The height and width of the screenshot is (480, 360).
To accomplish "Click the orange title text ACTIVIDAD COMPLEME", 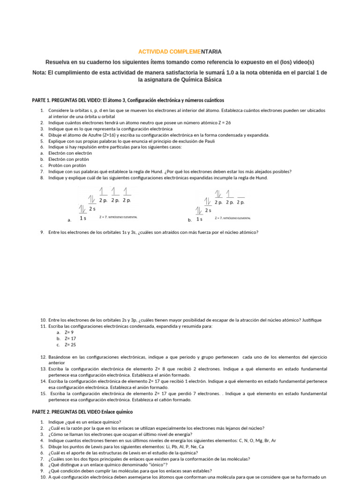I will point(156,52).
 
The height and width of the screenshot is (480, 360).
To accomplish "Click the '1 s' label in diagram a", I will point(82,218).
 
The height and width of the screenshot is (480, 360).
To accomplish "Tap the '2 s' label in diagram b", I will point(208,210).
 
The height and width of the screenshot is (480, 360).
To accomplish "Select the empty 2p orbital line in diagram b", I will point(241,196).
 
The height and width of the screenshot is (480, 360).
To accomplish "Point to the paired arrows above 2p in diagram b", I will point(218,194).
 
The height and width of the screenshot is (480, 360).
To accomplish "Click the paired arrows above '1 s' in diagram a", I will point(82,209).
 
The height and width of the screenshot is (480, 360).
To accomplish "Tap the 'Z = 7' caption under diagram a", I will point(104,217).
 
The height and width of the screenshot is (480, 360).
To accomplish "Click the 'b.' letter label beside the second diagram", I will point(190,219).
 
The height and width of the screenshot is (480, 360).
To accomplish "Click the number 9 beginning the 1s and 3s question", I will point(42,232).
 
